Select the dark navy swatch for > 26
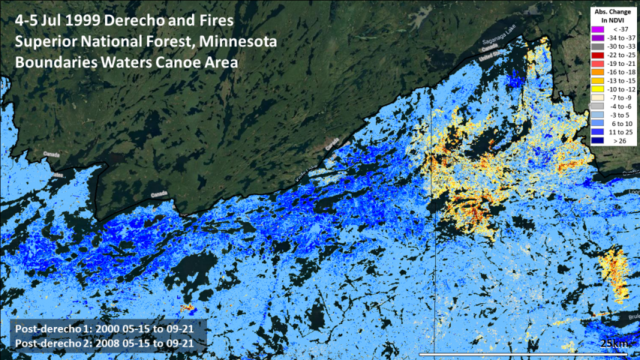tap(598, 139)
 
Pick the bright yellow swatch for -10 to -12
tap(598, 88)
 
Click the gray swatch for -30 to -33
tap(598, 46)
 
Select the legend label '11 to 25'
tap(622, 131)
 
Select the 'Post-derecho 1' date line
tap(104, 328)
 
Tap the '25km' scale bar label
tap(615, 343)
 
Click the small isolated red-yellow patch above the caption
tap(188, 307)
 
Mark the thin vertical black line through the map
tap(434, 225)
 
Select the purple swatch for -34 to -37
tap(598, 37)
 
